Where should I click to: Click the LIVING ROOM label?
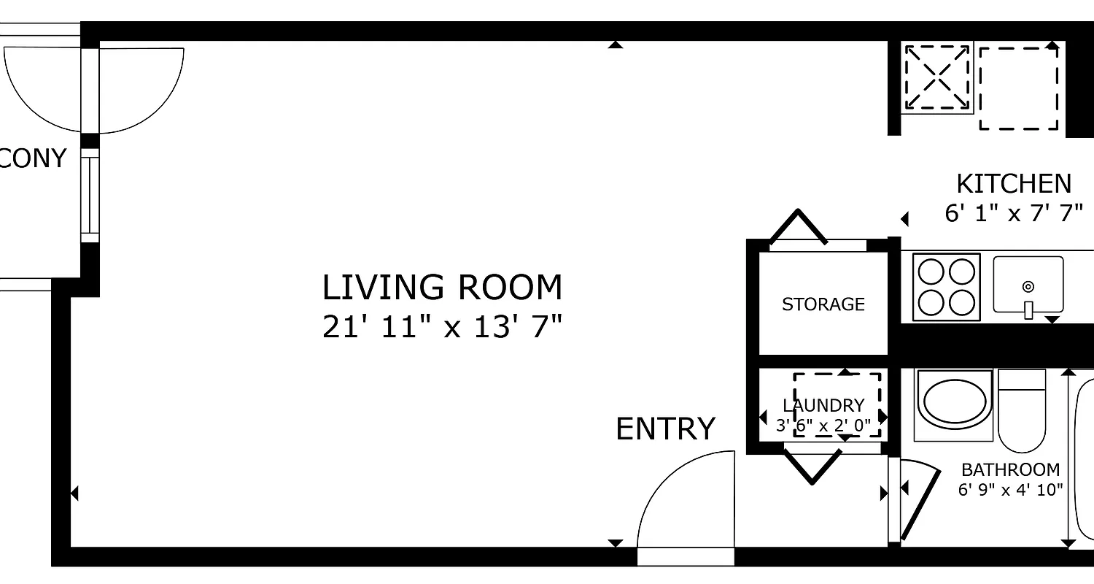click(442, 288)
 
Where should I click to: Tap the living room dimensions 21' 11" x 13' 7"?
click(442, 326)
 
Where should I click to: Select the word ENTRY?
click(665, 429)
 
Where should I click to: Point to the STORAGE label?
click(823, 304)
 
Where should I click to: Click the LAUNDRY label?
click(823, 405)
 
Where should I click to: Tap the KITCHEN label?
click(1014, 183)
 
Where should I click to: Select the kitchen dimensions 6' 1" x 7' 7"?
click(1014, 214)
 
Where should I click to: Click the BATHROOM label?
click(1010, 469)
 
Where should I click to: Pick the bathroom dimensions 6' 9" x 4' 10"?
click(1010, 490)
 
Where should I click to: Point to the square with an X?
click(938, 77)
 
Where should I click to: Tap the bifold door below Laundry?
click(812, 466)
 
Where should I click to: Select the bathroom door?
click(919, 500)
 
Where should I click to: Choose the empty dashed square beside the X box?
click(1018, 88)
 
